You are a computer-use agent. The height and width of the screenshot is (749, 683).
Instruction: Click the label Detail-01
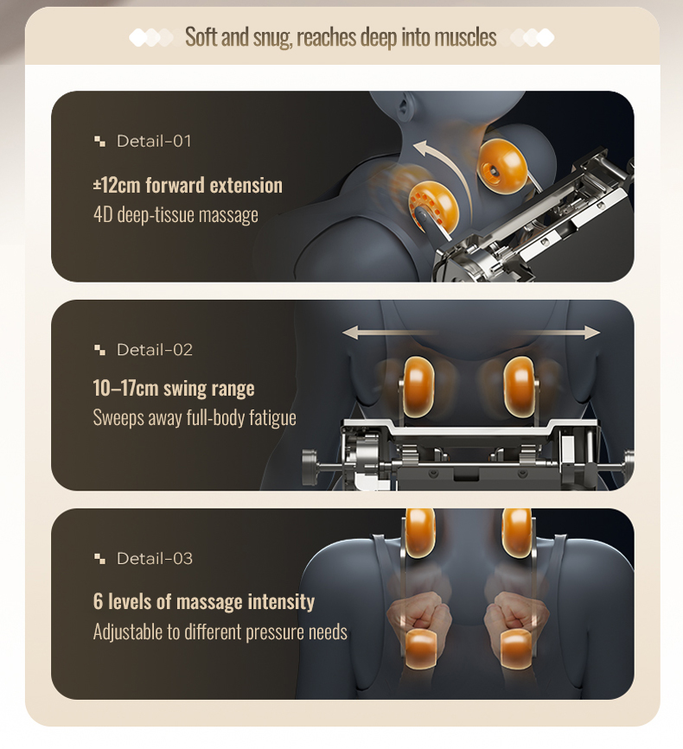pyautogui.click(x=154, y=142)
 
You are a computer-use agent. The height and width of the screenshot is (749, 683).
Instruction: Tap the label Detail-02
pyautogui.click(x=155, y=350)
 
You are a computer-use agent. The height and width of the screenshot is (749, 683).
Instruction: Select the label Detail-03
pyautogui.click(x=155, y=559)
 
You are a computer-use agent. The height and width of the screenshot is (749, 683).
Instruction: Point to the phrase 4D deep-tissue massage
pyautogui.click(x=176, y=215)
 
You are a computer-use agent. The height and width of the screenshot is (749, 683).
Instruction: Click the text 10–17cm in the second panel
pyautogui.click(x=125, y=388)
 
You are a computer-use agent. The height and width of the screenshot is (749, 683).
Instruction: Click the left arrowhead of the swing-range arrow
pyautogui.click(x=350, y=333)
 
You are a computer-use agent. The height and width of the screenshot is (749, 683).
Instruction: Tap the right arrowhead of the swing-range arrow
pyautogui.click(x=591, y=333)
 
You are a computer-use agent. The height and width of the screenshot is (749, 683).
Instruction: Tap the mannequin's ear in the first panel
pyautogui.click(x=405, y=107)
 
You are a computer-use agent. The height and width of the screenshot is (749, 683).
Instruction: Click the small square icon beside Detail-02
pyautogui.click(x=99, y=350)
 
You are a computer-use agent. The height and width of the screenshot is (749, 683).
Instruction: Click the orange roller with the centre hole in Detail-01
pyautogui.click(x=501, y=166)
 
